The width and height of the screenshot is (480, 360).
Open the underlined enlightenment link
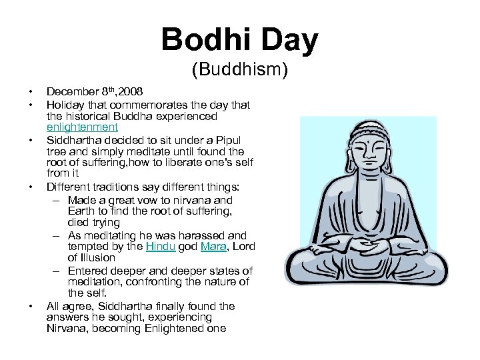82,127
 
